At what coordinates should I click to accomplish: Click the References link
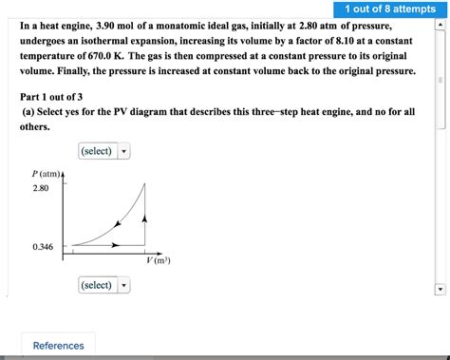tap(58, 346)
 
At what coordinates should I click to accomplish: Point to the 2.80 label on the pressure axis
tap(40, 188)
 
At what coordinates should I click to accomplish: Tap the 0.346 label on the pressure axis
tap(42, 247)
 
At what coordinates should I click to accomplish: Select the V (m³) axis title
tap(158, 260)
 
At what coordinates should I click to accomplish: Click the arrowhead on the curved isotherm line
tap(117, 224)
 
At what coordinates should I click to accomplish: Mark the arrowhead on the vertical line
tap(144, 219)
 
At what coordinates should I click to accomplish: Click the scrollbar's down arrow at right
tap(438, 290)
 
